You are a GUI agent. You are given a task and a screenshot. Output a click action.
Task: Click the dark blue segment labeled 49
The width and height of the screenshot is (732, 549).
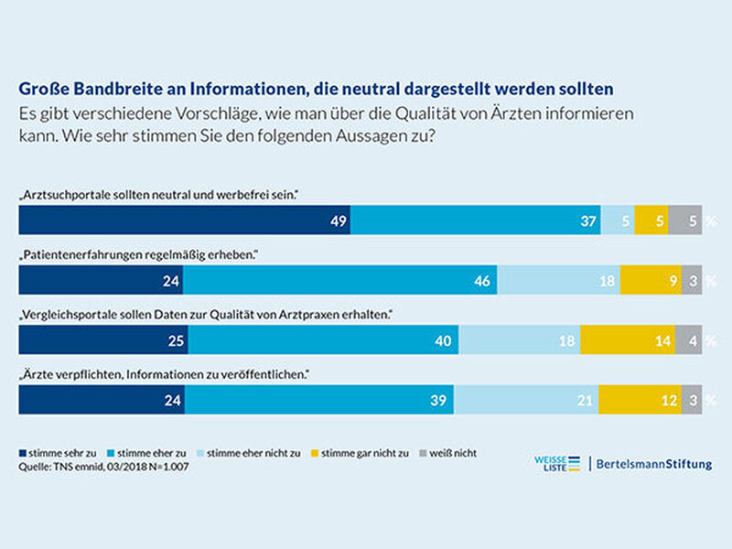pyautogui.click(x=185, y=220)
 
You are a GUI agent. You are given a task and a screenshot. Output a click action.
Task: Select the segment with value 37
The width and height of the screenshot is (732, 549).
pyautogui.click(x=476, y=220)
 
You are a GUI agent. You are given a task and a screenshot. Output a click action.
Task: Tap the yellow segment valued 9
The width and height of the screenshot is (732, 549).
pyautogui.click(x=651, y=280)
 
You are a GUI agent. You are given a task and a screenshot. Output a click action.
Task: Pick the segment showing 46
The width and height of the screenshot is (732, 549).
pyautogui.click(x=339, y=280)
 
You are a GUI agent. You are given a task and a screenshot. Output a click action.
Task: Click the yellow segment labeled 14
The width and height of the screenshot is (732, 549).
pyautogui.click(x=628, y=339)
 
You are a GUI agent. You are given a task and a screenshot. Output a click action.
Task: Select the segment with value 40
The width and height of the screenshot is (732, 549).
pyautogui.click(x=324, y=339)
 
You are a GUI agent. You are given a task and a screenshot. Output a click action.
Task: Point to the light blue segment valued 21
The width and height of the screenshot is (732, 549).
pyautogui.click(x=526, y=400)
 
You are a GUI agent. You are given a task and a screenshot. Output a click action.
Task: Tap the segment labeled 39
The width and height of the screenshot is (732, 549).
pyautogui.click(x=319, y=400)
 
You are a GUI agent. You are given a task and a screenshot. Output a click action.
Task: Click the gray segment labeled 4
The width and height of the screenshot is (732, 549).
pyautogui.click(x=689, y=339)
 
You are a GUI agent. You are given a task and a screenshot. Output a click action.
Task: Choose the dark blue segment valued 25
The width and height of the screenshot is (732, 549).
pyautogui.click(x=103, y=339)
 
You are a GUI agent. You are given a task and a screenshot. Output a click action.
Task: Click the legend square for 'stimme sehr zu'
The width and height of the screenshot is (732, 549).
pyautogui.click(x=22, y=453)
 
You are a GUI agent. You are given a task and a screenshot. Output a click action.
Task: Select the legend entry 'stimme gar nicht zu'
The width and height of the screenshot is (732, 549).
pyautogui.click(x=360, y=453)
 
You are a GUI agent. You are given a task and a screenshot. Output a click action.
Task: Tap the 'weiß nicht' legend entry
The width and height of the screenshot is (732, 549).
pyautogui.click(x=448, y=453)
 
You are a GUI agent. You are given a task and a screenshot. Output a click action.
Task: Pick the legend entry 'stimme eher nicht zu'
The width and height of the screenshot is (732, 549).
pyautogui.click(x=249, y=453)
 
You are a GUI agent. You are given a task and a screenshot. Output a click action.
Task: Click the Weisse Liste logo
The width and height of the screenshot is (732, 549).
pyautogui.click(x=557, y=464)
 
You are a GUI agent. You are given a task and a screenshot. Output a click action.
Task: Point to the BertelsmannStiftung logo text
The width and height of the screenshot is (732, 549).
pyautogui.click(x=654, y=465)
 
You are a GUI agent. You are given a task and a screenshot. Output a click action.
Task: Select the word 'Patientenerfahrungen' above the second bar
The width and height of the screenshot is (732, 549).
pyautogui.click(x=82, y=255)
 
